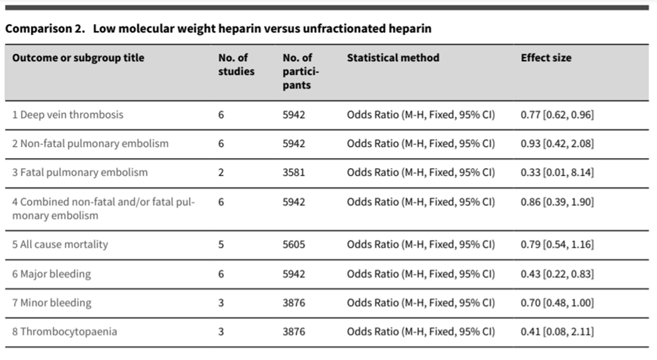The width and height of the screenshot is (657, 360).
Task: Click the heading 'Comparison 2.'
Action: tap(44, 29)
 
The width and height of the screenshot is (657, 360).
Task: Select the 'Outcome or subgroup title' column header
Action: tap(78, 58)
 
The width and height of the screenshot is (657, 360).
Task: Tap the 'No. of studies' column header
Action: tap(237, 64)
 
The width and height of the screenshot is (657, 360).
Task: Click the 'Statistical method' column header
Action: tap(393, 58)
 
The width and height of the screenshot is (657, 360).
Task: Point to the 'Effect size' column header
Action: tap(546, 58)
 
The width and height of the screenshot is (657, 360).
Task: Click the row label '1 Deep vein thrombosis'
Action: tap(68, 115)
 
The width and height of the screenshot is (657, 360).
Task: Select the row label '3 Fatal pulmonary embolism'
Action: tap(80, 172)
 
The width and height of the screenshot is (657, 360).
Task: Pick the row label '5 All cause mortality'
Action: tap(60, 244)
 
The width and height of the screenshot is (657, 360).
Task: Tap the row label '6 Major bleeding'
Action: tap(52, 274)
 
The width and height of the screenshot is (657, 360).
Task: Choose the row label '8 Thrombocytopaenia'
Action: tap(65, 331)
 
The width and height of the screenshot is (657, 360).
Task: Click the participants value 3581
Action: tap(294, 172)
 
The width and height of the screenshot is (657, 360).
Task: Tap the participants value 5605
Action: tap(294, 244)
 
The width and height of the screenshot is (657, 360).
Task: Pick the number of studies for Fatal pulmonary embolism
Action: tap(221, 172)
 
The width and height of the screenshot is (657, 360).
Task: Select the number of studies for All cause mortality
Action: tap(221, 244)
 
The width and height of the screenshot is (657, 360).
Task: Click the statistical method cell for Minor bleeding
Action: tap(420, 303)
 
